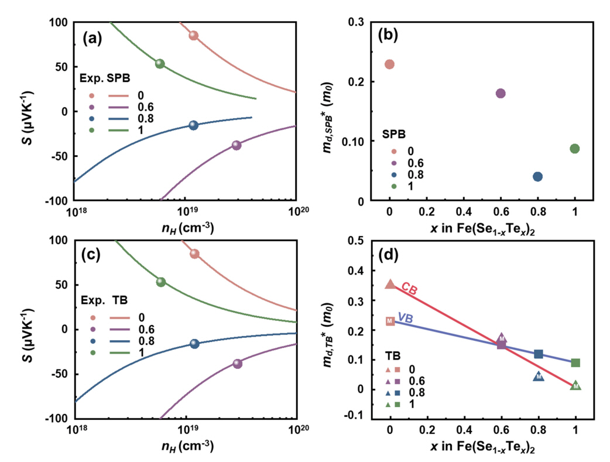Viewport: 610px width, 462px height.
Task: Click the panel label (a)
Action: click(92, 39)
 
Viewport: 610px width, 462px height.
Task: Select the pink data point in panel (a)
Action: click(193, 36)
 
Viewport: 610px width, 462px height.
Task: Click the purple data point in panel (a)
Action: click(237, 145)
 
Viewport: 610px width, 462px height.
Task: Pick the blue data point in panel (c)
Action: click(194, 344)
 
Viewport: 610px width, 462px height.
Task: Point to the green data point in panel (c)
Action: click(161, 282)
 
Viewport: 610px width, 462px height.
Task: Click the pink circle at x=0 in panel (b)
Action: click(389, 64)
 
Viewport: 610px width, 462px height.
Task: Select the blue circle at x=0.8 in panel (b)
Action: click(537, 176)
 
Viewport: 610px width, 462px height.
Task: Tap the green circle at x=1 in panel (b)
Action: click(574, 149)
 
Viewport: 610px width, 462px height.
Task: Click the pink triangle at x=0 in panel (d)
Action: click(390, 284)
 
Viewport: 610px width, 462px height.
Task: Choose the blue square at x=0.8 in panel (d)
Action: click(539, 354)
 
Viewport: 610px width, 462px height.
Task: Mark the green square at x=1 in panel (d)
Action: click(575, 363)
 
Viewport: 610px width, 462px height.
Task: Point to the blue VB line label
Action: click(406, 317)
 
